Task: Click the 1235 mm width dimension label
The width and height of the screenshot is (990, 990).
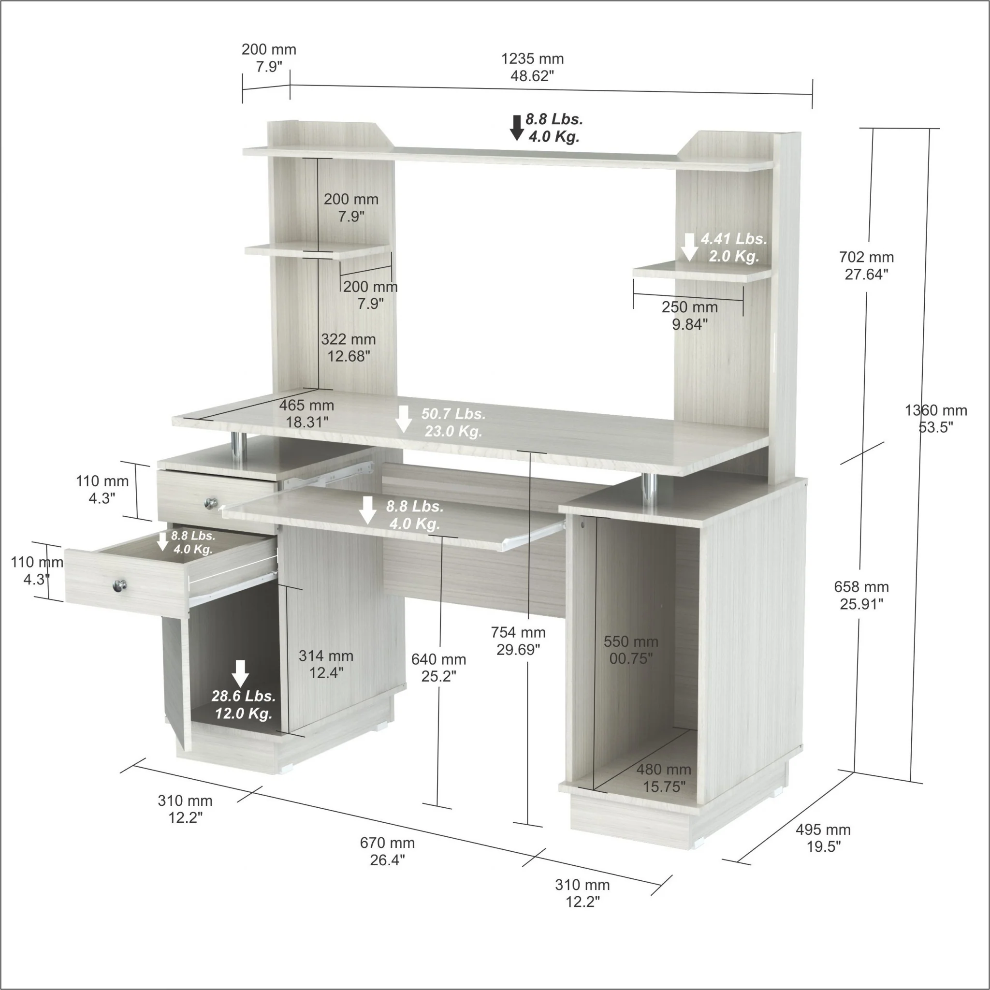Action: point(532,67)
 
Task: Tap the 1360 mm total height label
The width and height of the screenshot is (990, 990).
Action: point(936,418)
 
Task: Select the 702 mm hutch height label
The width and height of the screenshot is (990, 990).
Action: point(866,265)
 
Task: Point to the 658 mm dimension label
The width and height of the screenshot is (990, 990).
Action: point(861,595)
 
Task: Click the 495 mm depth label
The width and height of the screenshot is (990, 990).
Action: point(823,838)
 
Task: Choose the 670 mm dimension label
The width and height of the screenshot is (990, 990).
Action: point(387,851)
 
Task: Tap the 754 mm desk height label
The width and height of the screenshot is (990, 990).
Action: point(518,641)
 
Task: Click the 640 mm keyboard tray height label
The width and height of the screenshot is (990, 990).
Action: point(438,668)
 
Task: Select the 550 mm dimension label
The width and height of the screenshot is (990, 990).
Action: point(631,650)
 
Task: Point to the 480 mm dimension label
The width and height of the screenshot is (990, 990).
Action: point(664,778)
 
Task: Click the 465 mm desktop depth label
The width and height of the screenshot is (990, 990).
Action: point(306,413)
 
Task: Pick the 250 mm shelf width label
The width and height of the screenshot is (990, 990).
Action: point(690,315)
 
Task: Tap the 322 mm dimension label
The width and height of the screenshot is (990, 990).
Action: point(349,348)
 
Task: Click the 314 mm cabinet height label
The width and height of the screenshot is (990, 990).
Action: point(326,664)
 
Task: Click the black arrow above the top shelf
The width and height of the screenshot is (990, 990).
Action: point(517,128)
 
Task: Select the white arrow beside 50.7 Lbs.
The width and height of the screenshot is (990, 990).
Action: point(403,419)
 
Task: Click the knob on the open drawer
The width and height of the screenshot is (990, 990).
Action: point(120,585)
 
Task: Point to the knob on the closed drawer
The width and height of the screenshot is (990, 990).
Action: point(211,504)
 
